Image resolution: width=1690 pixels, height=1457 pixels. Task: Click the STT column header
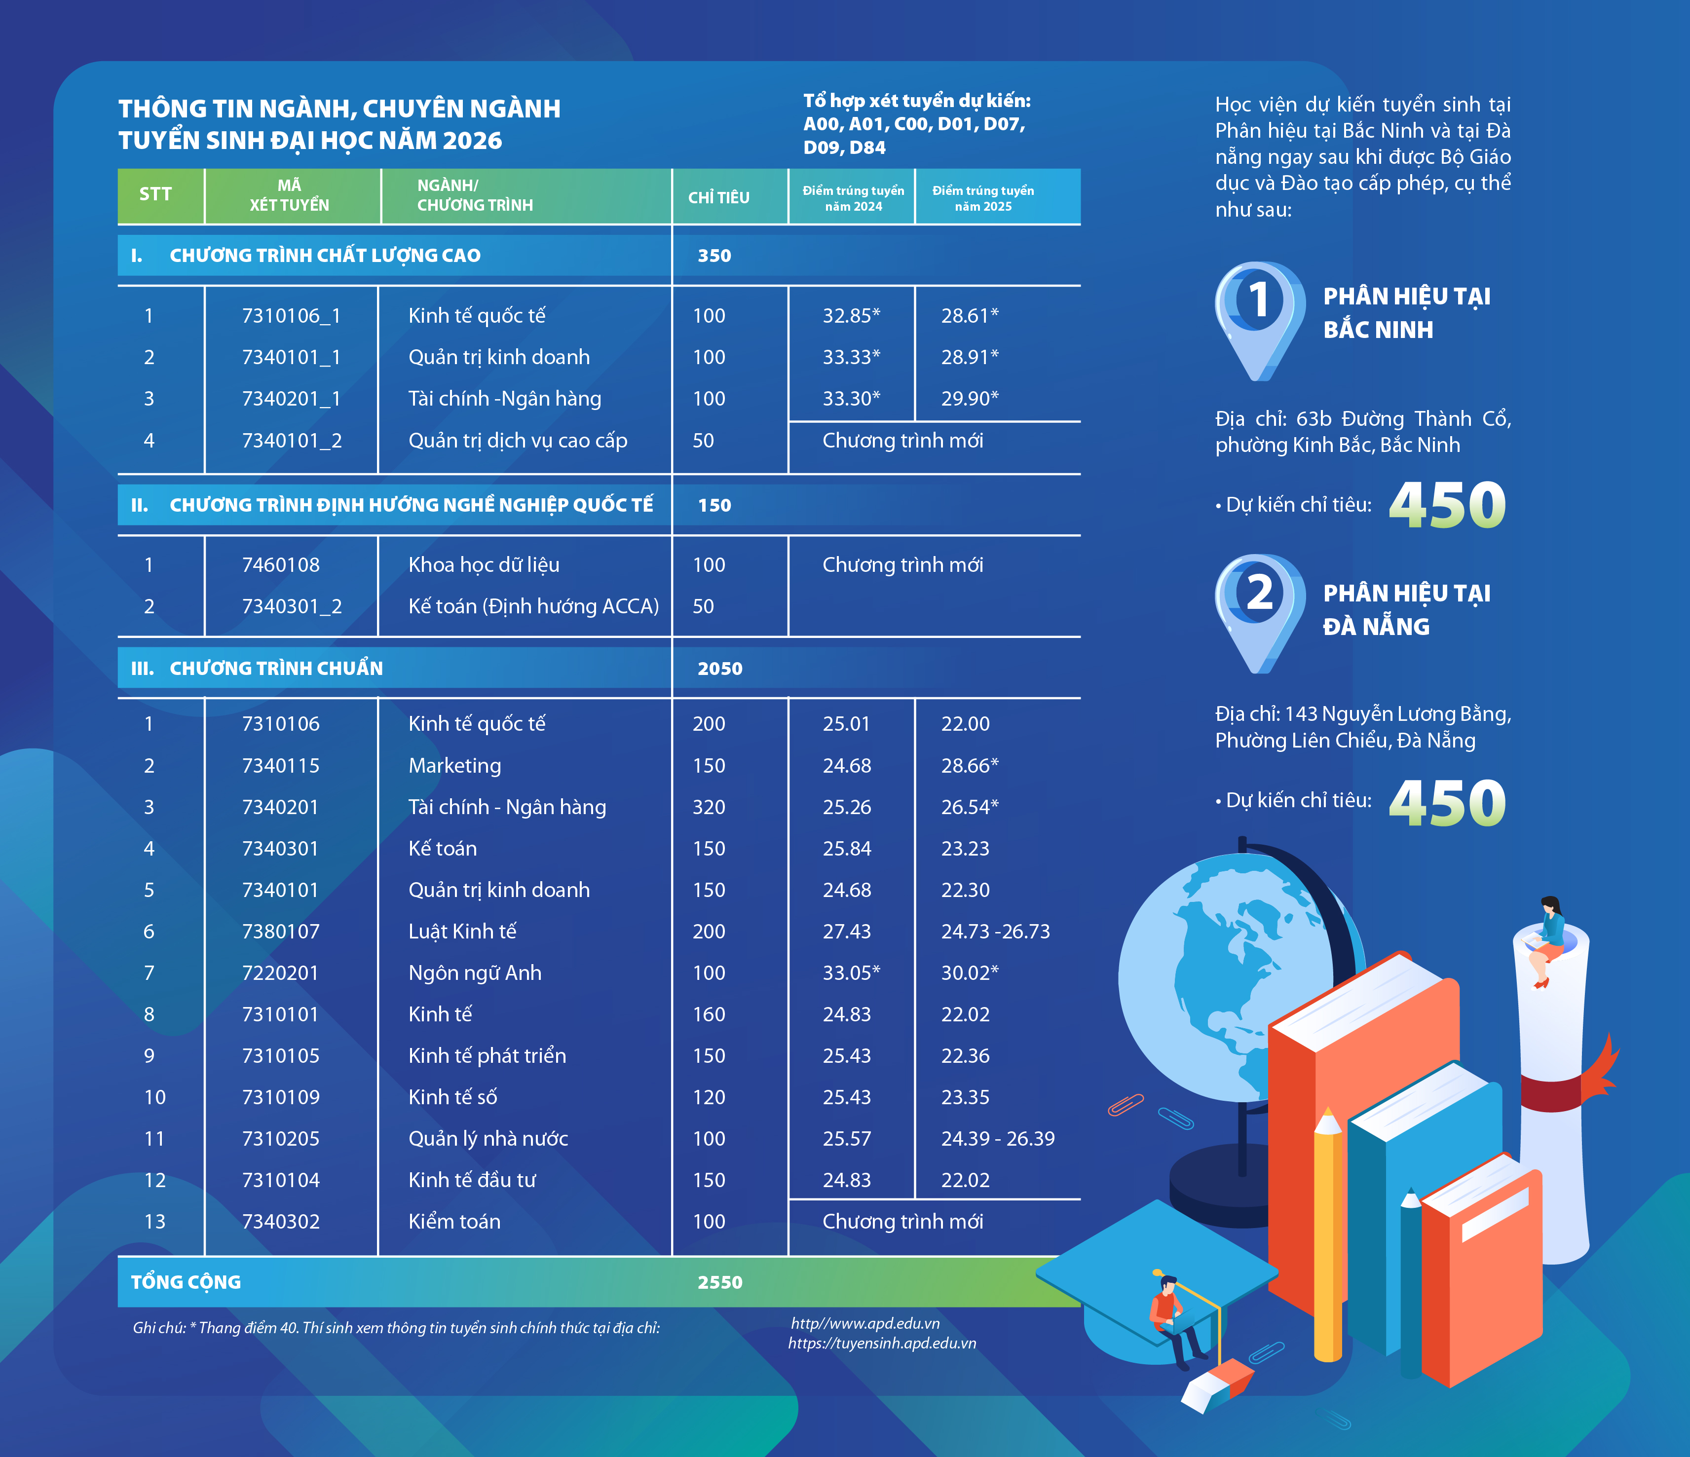155,194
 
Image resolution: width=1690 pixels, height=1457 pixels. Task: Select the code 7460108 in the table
281,564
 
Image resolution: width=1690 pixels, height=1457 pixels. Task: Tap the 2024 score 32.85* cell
851,316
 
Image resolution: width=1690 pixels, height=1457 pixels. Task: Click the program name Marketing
454,765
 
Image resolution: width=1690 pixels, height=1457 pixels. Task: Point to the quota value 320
708,807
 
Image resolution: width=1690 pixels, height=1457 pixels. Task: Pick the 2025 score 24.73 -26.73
995,932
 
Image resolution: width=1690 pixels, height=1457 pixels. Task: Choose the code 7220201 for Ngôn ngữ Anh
281,972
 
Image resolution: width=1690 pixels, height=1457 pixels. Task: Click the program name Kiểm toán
454,1221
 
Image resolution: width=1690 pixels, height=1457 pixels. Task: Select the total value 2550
719,1282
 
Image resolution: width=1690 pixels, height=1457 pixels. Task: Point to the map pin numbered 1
1259,318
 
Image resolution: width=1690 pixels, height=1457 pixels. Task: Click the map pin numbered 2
1259,612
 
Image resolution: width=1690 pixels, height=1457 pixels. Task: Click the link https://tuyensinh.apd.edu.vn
882,1344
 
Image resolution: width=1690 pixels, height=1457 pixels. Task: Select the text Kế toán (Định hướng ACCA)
533,606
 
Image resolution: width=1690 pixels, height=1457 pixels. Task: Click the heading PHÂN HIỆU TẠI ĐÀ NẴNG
1406,609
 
